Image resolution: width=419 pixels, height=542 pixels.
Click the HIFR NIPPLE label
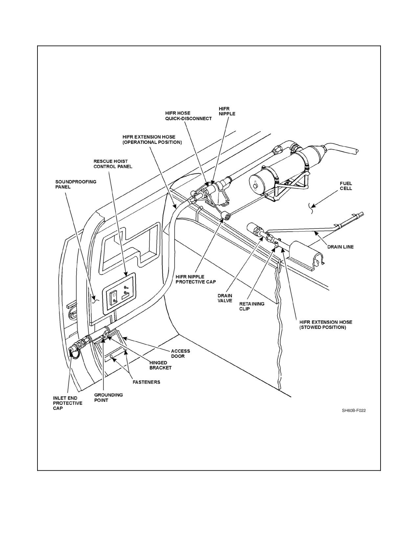pyautogui.click(x=227, y=111)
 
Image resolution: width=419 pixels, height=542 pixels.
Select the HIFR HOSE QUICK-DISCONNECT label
pyautogui.click(x=188, y=116)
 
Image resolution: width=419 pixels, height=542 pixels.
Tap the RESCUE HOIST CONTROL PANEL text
pyautogui.click(x=113, y=164)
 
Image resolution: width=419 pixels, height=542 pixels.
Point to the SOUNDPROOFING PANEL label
pyautogui.click(x=76, y=184)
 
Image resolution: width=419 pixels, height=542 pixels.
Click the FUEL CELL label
pyautogui.click(x=346, y=186)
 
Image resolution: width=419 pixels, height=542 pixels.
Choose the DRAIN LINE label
pyautogui.click(x=340, y=247)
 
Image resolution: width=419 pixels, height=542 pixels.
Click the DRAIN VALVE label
pyautogui.click(x=225, y=298)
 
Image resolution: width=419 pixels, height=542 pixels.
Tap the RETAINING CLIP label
pyautogui.click(x=252, y=306)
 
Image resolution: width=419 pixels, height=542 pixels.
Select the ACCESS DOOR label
pyautogui.click(x=180, y=353)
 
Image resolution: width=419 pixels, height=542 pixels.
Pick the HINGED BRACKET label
pyautogui.click(x=160, y=365)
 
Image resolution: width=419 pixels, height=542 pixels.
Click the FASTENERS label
pyautogui.click(x=147, y=382)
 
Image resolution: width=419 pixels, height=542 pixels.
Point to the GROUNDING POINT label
pyautogui.click(x=108, y=397)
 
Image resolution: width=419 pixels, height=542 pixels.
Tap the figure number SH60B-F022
pyautogui.click(x=354, y=411)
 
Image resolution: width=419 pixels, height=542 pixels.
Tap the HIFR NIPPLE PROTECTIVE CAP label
pyautogui.click(x=196, y=279)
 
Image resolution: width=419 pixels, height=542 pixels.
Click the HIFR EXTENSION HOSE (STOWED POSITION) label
pyautogui.click(x=326, y=325)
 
